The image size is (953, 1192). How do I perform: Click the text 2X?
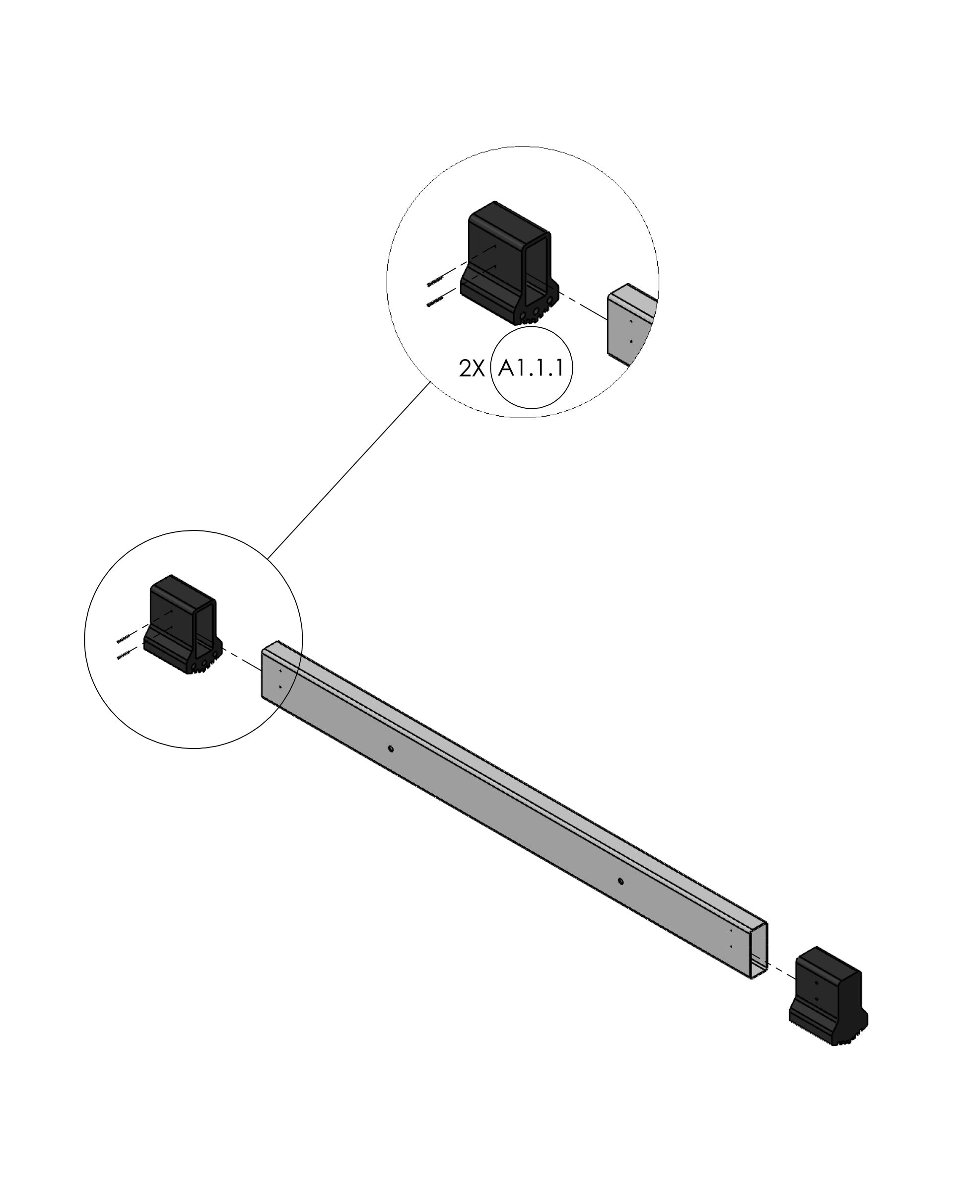pyautogui.click(x=471, y=369)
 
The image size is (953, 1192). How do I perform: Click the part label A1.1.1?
pyautogui.click(x=531, y=368)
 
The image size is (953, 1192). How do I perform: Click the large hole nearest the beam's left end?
pyautogui.click(x=391, y=749)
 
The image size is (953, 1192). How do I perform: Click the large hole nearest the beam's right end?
pyautogui.click(x=620, y=881)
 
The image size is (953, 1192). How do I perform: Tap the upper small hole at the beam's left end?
pyautogui.click(x=280, y=670)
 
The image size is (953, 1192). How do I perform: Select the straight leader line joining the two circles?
pyautogui.click(x=348, y=470)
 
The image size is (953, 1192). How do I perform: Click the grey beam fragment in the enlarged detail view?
pyautogui.click(x=630, y=326)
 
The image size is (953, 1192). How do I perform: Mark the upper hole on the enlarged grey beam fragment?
pyautogui.click(x=631, y=321)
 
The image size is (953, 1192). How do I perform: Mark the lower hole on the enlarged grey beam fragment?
pyautogui.click(x=631, y=341)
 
